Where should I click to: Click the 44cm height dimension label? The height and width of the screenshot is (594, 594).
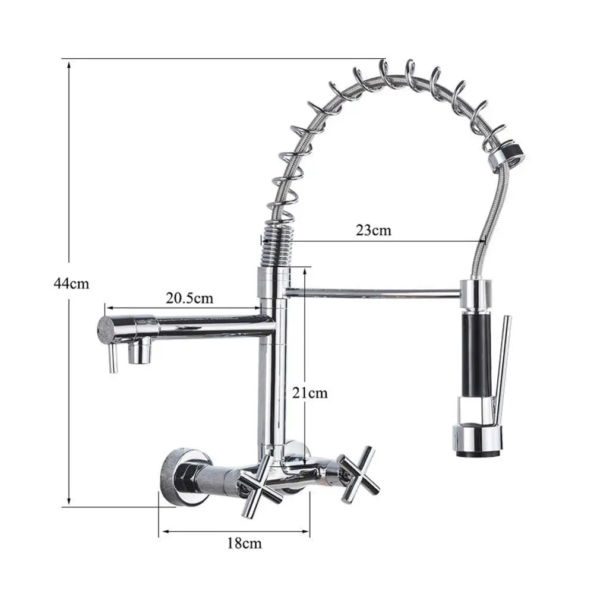tap(71, 283)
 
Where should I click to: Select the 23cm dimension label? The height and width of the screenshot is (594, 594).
tap(374, 230)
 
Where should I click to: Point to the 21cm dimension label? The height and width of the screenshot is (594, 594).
tap(309, 392)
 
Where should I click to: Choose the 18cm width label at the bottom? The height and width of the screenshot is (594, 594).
tap(244, 542)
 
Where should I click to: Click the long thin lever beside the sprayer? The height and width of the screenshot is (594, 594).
tap(503, 368)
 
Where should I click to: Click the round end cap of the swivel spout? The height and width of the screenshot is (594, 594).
tap(107, 328)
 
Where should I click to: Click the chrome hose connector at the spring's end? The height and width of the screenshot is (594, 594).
tap(506, 156)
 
